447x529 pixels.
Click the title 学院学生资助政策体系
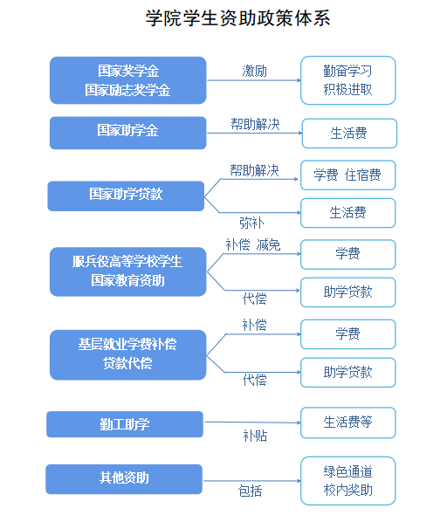[237, 17]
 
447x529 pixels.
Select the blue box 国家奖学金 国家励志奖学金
[127, 80]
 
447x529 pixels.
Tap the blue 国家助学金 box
[127, 133]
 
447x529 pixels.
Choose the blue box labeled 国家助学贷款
[126, 196]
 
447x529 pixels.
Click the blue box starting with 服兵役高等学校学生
[127, 271]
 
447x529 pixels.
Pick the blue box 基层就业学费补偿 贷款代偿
[127, 355]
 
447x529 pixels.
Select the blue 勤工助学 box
[125, 424]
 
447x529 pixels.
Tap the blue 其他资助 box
[124, 479]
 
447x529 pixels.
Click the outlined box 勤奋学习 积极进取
[347, 80]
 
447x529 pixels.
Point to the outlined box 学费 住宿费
[347, 175]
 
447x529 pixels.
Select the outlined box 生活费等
[347, 423]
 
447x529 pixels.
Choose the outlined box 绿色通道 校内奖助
[347, 481]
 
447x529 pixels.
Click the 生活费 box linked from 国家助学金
[349, 134]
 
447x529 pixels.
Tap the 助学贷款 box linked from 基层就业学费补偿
[347, 373]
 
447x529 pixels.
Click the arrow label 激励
[254, 72]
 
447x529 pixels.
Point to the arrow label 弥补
[251, 223]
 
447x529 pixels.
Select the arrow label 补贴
[255, 436]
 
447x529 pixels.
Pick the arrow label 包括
[250, 491]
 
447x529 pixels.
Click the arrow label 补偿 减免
[253, 244]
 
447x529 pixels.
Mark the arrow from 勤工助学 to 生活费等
[252, 422]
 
